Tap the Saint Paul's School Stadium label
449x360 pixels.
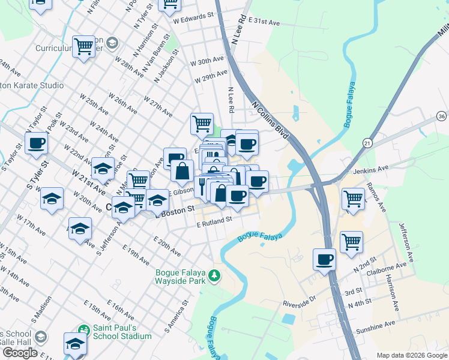click(x=122, y=332)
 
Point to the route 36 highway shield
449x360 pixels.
click(x=441, y=116)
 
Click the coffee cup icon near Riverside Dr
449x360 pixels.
click(x=325, y=259)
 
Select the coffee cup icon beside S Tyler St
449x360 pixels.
click(x=36, y=143)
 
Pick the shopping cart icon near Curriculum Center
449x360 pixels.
click(x=83, y=46)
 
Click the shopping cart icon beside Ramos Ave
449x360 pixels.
click(x=353, y=198)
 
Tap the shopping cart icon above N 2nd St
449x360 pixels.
click(x=351, y=241)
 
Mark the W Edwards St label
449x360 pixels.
click(x=193, y=19)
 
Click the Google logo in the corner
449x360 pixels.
click(x=20, y=353)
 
